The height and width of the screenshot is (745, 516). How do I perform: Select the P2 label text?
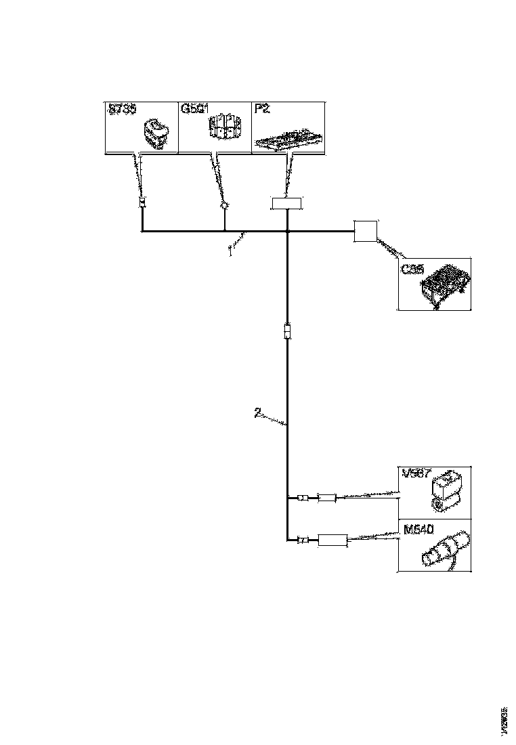[x=261, y=108]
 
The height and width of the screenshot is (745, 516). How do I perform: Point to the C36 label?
[x=412, y=269]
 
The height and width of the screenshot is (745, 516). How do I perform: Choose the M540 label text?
[x=414, y=527]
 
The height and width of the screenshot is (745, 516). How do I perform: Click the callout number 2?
[x=257, y=412]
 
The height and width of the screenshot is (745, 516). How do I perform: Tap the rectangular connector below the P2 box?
[x=287, y=203]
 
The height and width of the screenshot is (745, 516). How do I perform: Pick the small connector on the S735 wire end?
[x=142, y=203]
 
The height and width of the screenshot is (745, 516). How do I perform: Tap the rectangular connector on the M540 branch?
[x=332, y=540]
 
